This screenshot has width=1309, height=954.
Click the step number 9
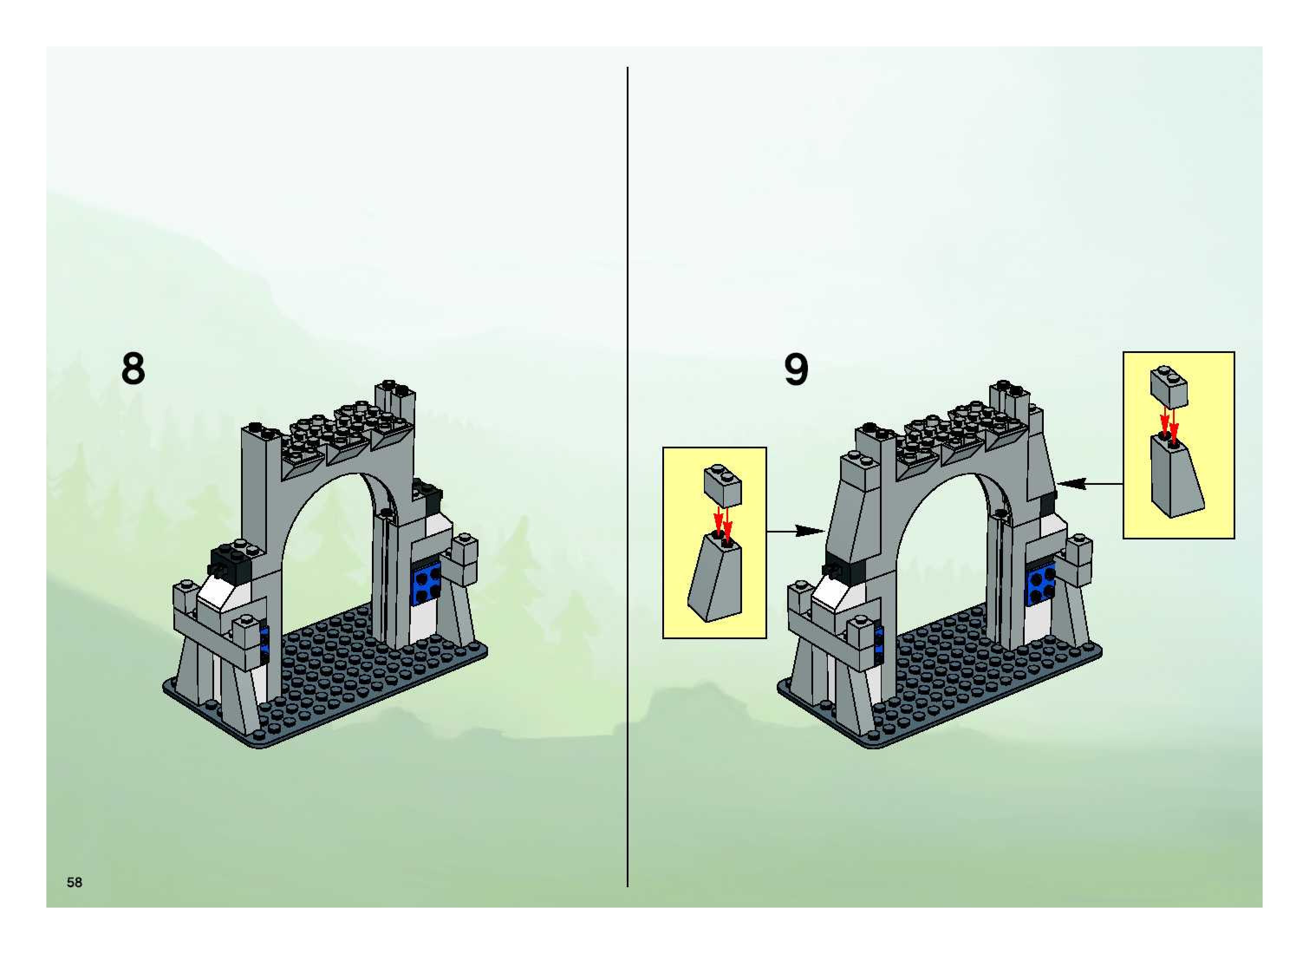(796, 369)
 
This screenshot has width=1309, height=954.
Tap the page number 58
(75, 882)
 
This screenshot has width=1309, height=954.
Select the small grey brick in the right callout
(1169, 386)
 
